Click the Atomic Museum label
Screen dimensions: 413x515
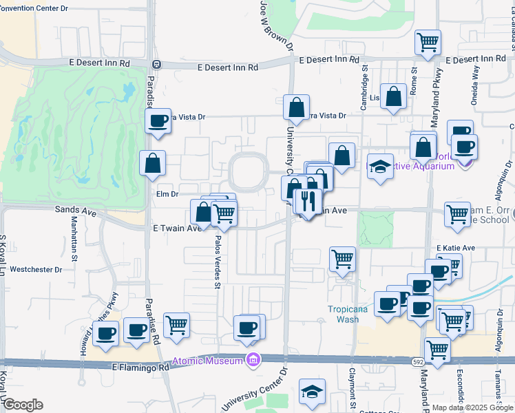coord(207,361)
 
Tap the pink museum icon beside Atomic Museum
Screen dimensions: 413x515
coord(253,360)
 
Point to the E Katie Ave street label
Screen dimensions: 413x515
coord(455,248)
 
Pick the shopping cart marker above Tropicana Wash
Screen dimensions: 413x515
coord(342,260)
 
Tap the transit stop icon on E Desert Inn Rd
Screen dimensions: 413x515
coord(157,65)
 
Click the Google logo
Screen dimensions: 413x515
coord(23,405)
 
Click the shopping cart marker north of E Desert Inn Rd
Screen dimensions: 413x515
coord(427,43)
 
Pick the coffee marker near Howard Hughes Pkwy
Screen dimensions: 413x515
coord(106,335)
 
